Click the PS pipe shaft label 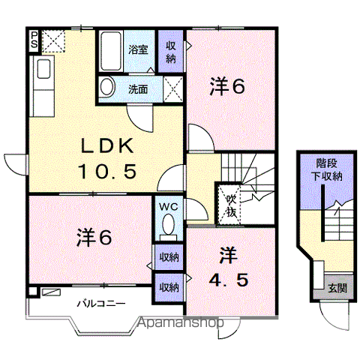(x=34, y=40)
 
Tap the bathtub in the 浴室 (x=111, y=51)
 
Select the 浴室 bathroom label (x=138, y=49)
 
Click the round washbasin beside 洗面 (x=106, y=86)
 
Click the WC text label (x=169, y=206)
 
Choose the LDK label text (x=106, y=146)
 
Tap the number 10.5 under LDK (x=107, y=172)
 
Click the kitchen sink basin (x=43, y=69)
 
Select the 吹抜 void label (x=231, y=206)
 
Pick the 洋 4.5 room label (x=228, y=267)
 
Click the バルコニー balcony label (x=100, y=304)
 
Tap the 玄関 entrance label (x=337, y=288)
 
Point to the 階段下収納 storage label (x=327, y=170)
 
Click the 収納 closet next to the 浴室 (x=171, y=52)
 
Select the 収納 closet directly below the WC (x=169, y=257)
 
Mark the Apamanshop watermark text (x=181, y=322)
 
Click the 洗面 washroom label (x=138, y=89)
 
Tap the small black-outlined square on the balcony (x=32, y=292)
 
